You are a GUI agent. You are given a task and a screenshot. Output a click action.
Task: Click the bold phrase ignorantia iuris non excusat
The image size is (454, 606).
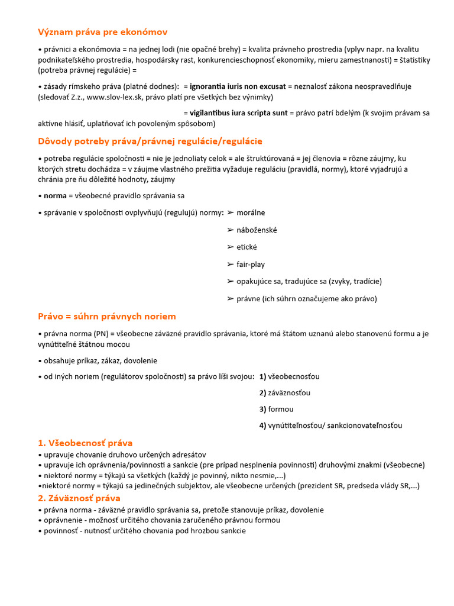[238, 86]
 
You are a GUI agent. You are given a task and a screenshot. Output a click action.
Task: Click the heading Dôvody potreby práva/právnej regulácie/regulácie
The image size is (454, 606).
[150, 141]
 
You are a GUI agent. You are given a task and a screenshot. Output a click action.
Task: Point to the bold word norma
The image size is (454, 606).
[56, 195]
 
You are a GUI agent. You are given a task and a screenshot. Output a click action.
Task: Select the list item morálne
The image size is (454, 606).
[251, 212]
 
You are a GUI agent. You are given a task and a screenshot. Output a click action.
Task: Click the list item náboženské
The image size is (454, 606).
[257, 230]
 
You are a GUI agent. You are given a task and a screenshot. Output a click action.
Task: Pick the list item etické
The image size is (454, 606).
[247, 247]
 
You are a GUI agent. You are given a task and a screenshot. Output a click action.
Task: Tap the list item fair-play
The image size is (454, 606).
[251, 265]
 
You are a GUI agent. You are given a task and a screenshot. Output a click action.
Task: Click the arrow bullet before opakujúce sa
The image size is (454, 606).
[231, 282]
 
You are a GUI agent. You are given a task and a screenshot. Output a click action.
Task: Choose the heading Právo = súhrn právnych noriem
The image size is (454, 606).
[106, 317]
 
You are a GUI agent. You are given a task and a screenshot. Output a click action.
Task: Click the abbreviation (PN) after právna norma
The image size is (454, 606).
[101, 334]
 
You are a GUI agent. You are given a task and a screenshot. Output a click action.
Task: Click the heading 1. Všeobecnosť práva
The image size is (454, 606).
[85, 443]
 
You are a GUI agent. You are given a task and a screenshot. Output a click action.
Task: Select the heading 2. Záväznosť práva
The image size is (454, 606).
[79, 498]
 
